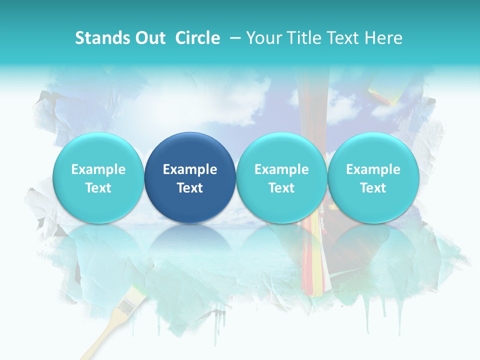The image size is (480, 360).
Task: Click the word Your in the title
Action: [x=263, y=38]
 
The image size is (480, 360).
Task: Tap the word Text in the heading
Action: [x=345, y=38]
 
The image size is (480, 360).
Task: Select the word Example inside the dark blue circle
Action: [x=190, y=169]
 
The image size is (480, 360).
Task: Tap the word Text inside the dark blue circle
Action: [x=190, y=188]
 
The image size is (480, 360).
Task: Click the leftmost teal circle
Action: [x=98, y=150]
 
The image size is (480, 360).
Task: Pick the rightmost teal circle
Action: [x=373, y=150]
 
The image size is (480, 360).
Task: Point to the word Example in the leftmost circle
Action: [x=98, y=169]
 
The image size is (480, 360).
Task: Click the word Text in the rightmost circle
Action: [x=373, y=188]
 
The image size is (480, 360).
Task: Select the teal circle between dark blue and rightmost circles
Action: [x=281, y=150]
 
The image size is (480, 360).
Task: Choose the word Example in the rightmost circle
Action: [x=373, y=169]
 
